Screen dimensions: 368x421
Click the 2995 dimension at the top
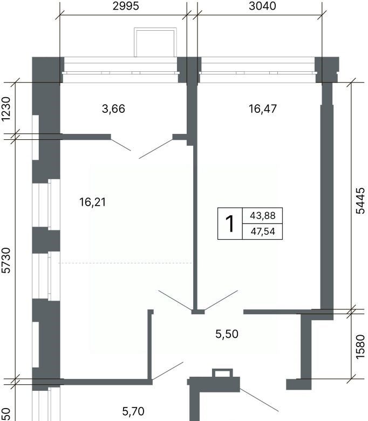[126, 6]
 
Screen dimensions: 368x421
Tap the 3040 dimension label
[262, 6]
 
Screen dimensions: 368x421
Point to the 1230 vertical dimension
[6, 108]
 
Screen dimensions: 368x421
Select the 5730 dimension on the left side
[6, 260]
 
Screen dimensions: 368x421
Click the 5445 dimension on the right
[360, 201]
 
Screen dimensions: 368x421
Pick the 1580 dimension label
[360, 347]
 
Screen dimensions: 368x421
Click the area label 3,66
[113, 108]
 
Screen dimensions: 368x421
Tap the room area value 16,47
[263, 108]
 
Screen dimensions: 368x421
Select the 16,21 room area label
[93, 202]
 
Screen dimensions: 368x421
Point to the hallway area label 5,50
[227, 334]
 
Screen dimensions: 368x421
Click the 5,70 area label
[133, 411]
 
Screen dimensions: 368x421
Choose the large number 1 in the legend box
[230, 223]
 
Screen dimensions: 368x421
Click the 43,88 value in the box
[263, 215]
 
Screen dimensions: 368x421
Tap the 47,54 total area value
[263, 231]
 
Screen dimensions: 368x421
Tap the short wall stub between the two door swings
[198, 312]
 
